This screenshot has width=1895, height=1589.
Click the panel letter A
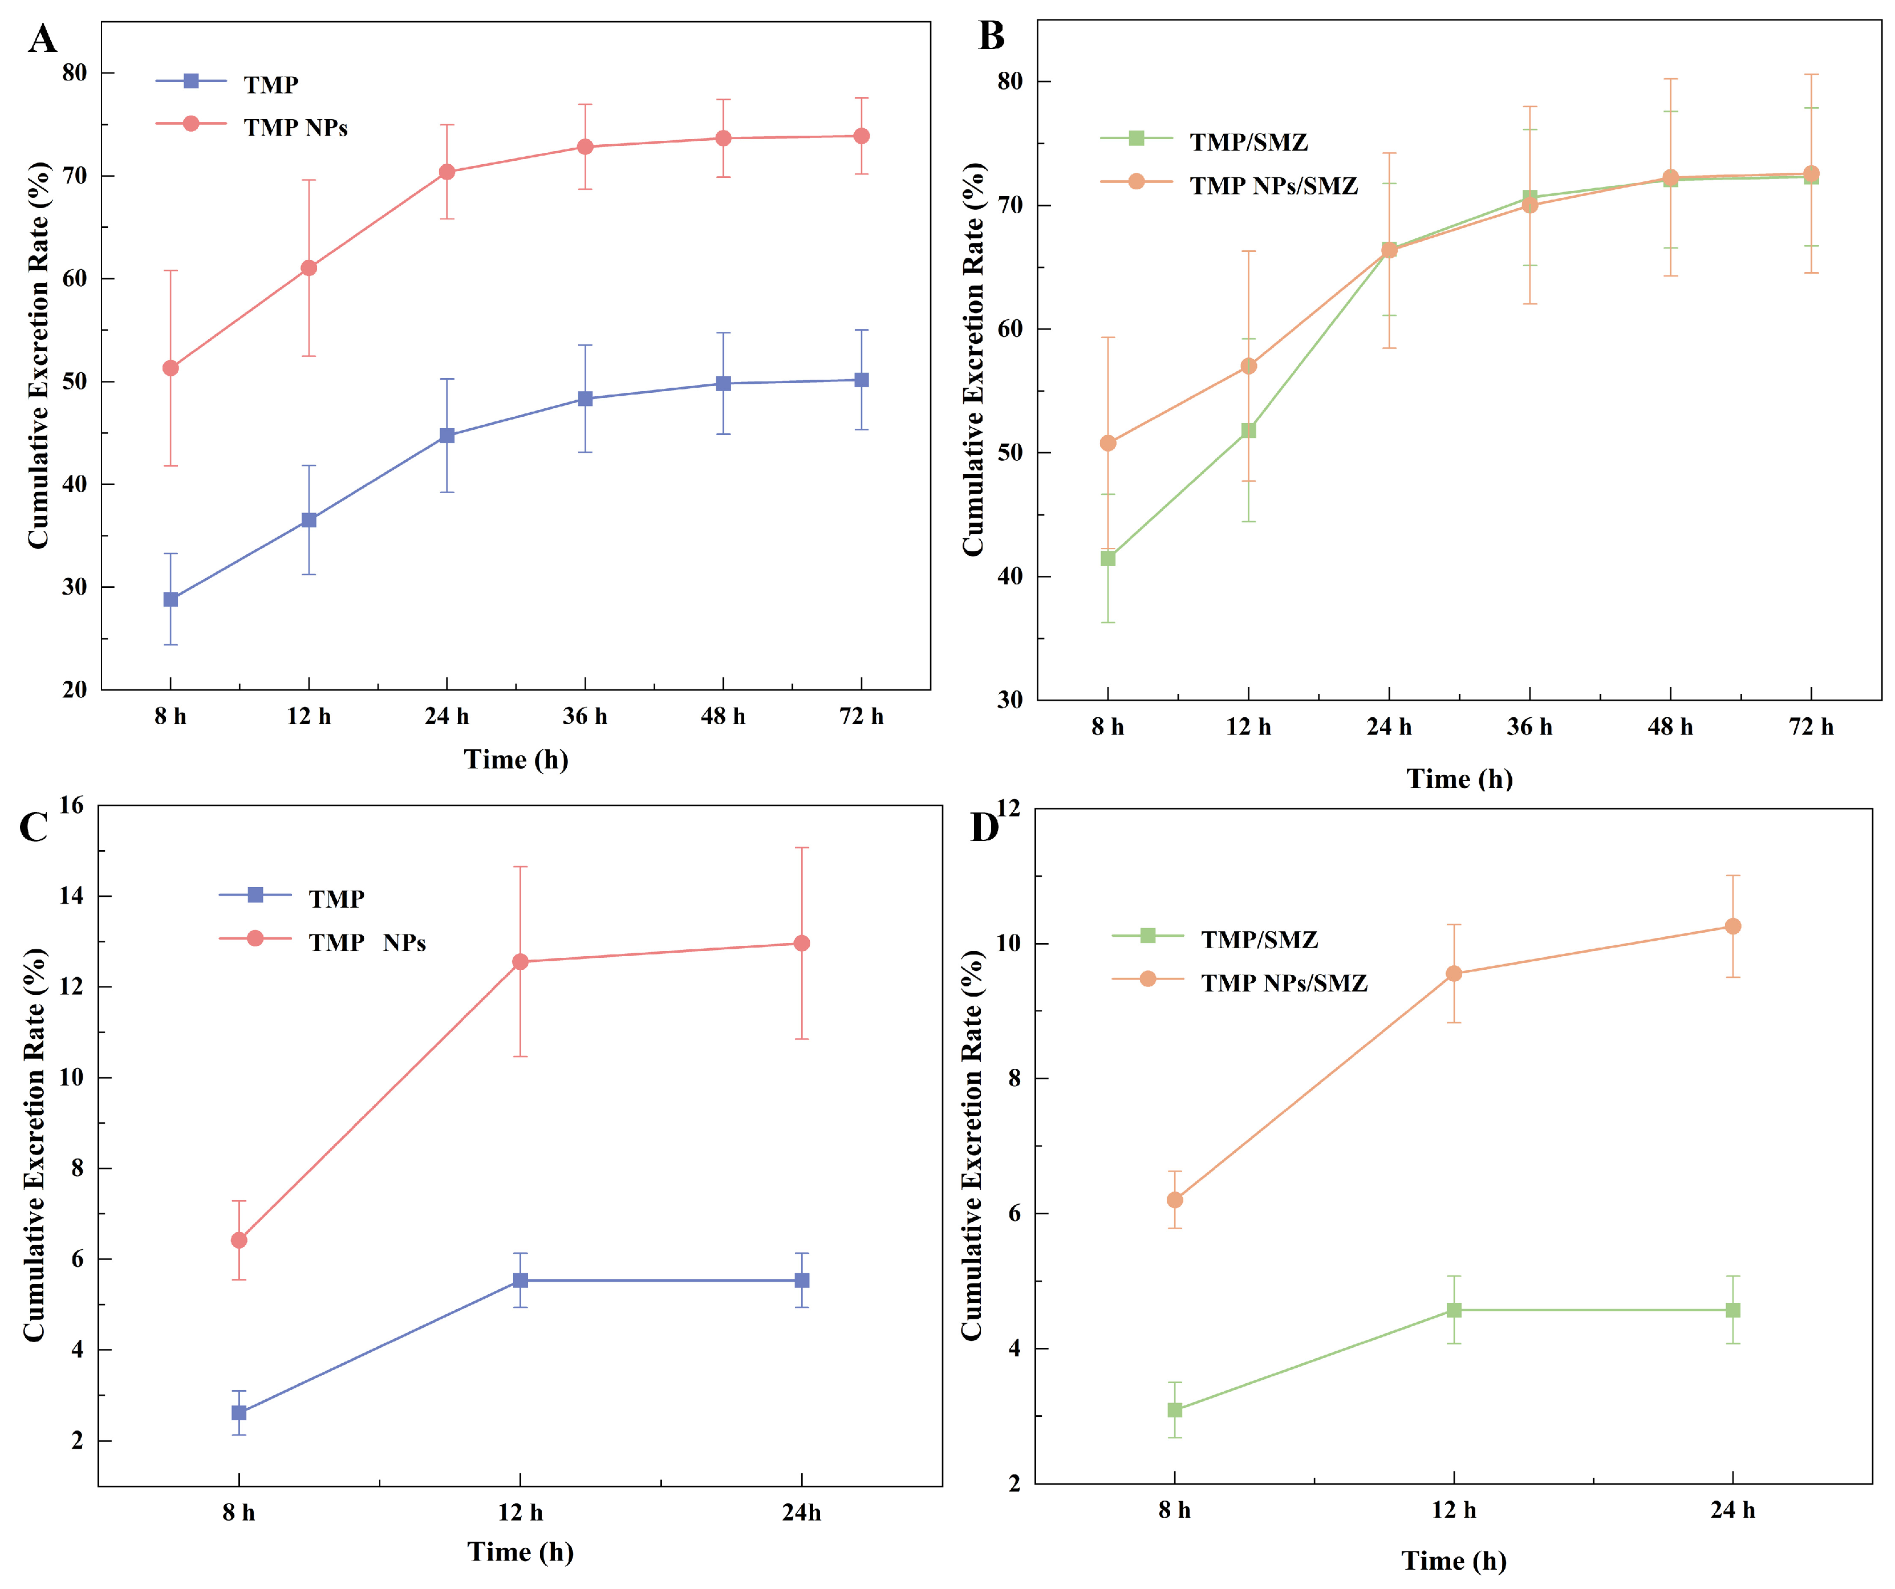tap(42, 40)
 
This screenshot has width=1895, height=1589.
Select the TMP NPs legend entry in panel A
tap(295, 127)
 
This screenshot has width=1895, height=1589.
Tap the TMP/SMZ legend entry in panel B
tap(1247, 141)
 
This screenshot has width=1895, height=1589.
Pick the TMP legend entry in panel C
tap(336, 899)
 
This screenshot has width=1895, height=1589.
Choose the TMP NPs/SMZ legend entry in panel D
tap(1283, 982)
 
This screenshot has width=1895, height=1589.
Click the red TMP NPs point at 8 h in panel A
tap(171, 368)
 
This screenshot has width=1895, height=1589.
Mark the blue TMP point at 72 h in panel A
tap(862, 380)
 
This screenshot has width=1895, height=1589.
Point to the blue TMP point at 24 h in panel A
tap(447, 436)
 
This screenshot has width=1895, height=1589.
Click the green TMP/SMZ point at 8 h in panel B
tap(1107, 559)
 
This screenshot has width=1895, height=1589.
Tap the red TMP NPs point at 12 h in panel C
tap(520, 962)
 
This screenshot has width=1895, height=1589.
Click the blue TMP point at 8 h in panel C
tap(239, 1413)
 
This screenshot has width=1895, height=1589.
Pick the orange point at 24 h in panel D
tap(1732, 926)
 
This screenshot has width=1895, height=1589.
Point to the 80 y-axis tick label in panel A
tap(75, 73)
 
